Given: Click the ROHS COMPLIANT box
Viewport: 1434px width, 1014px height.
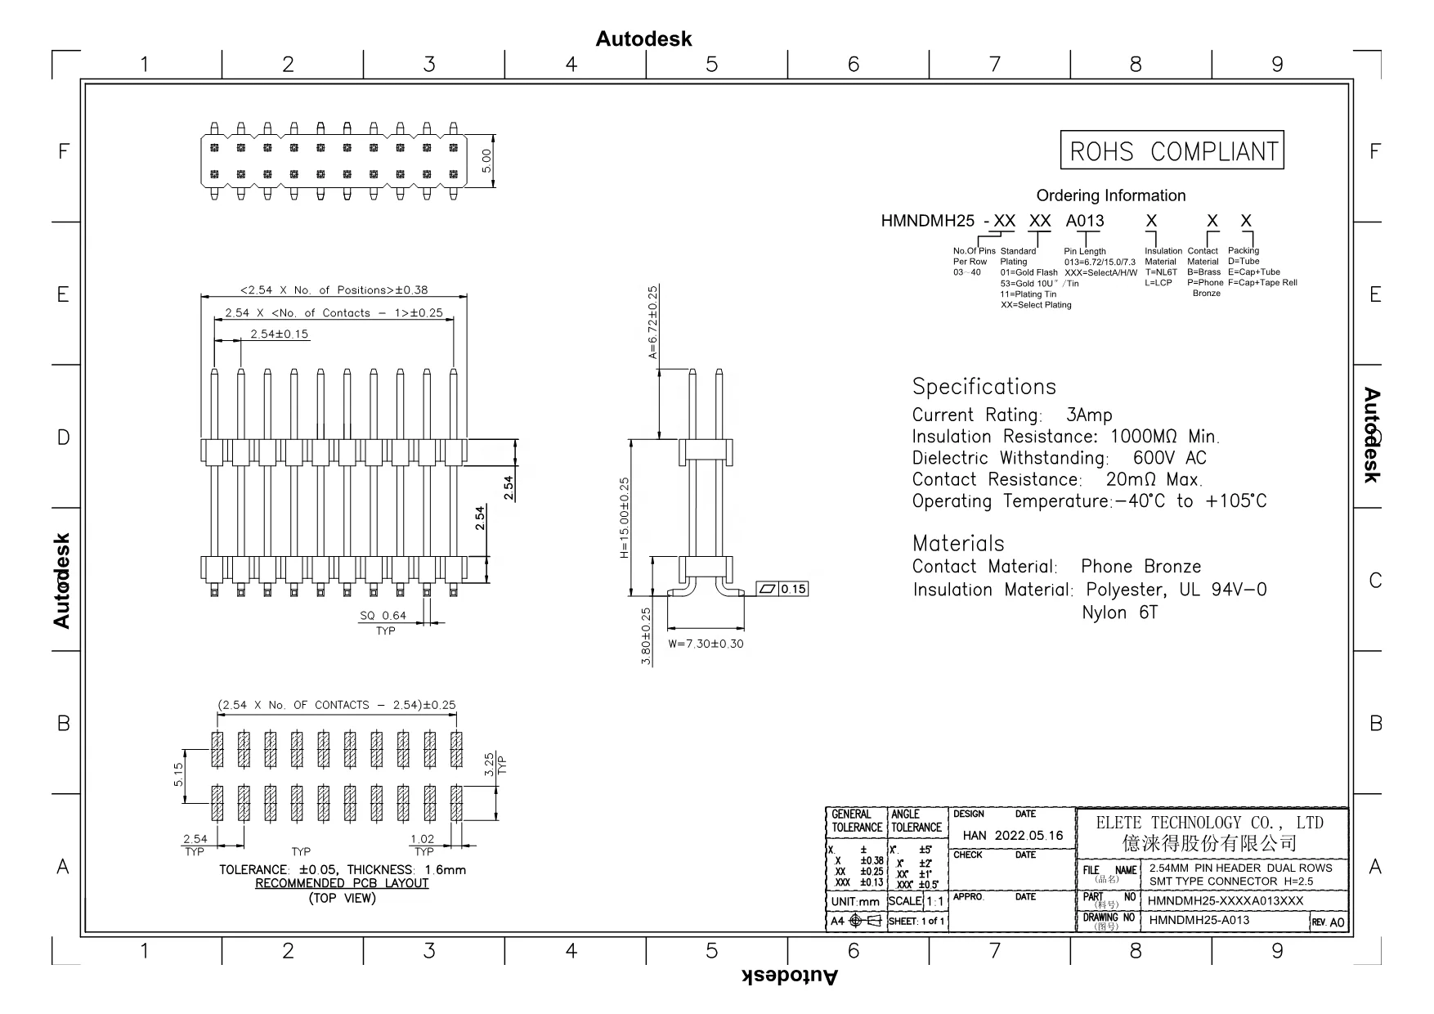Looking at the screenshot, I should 1172,150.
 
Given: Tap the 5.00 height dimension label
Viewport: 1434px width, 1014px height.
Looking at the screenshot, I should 486,160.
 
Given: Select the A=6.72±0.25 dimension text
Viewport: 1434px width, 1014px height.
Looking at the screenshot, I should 652,323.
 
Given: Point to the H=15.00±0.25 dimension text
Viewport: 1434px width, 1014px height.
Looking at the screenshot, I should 625,518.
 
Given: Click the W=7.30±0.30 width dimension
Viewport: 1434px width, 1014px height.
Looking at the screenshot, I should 706,644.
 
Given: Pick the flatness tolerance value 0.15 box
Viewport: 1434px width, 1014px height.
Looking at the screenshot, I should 793,589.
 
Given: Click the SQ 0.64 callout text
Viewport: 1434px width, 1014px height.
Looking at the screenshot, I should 383,616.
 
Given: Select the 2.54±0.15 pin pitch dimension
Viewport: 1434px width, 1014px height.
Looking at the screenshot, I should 280,334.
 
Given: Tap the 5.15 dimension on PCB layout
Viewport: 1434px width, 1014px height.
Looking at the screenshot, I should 178,774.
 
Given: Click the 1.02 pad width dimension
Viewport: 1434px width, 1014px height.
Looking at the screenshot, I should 423,839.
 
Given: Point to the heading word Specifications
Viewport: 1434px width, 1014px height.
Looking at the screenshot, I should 984,387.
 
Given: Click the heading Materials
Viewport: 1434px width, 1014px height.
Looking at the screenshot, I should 957,544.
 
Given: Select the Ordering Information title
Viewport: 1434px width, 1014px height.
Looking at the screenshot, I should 1110,195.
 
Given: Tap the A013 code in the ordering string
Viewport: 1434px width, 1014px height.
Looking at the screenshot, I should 1084,221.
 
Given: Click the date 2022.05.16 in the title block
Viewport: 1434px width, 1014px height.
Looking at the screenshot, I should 1028,835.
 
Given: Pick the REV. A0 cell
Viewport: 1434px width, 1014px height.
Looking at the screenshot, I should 1329,922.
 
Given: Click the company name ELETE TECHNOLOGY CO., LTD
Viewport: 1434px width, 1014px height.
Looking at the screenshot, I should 1209,823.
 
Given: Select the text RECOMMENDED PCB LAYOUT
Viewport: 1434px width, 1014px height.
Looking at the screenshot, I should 342,883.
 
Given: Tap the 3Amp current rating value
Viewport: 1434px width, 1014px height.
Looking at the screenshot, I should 1089,415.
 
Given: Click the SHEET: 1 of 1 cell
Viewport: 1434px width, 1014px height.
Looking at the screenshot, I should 916,922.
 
